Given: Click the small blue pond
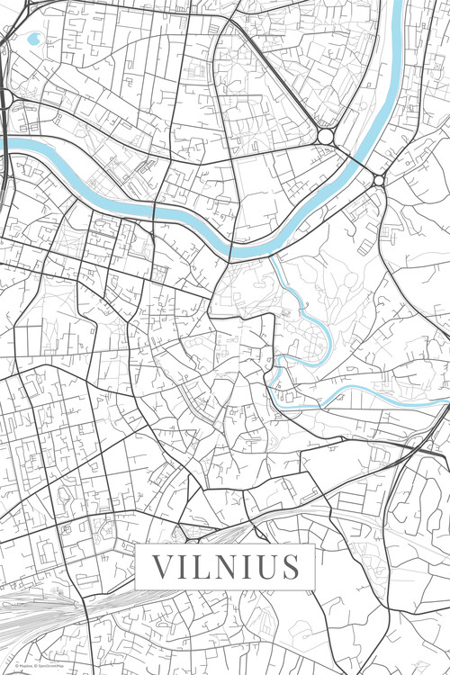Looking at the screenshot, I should (x=34, y=40).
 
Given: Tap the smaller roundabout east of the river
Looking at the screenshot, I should (x=379, y=181).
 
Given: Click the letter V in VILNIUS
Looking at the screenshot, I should (x=161, y=567).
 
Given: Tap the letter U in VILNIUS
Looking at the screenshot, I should (x=268, y=567).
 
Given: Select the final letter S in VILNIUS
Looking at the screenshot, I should (x=292, y=567).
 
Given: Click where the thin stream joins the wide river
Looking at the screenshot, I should (x=272, y=256).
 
